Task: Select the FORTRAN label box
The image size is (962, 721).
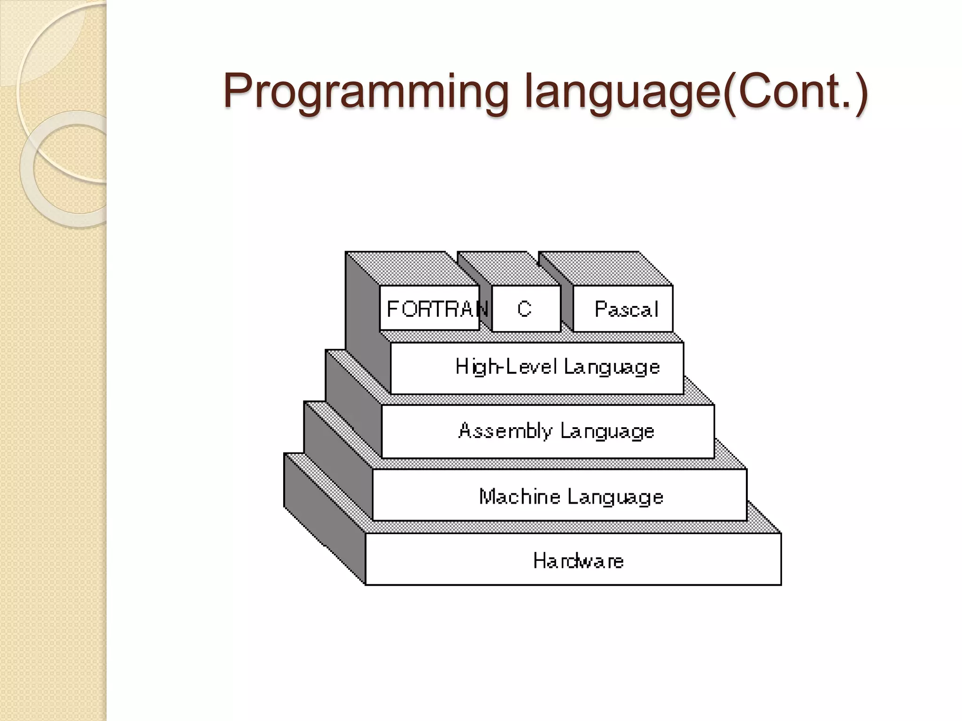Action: [430, 308]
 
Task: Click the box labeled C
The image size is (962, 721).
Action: [526, 308]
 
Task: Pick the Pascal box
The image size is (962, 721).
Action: [623, 308]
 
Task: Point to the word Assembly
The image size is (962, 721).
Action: [505, 431]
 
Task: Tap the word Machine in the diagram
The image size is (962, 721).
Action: [520, 497]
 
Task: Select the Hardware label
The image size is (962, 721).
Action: [578, 560]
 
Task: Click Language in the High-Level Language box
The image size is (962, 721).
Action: [612, 367]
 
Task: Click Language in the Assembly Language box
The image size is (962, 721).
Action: [607, 431]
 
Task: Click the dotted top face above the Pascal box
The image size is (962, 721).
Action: [606, 268]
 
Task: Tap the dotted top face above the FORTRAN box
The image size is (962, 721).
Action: [413, 268]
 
